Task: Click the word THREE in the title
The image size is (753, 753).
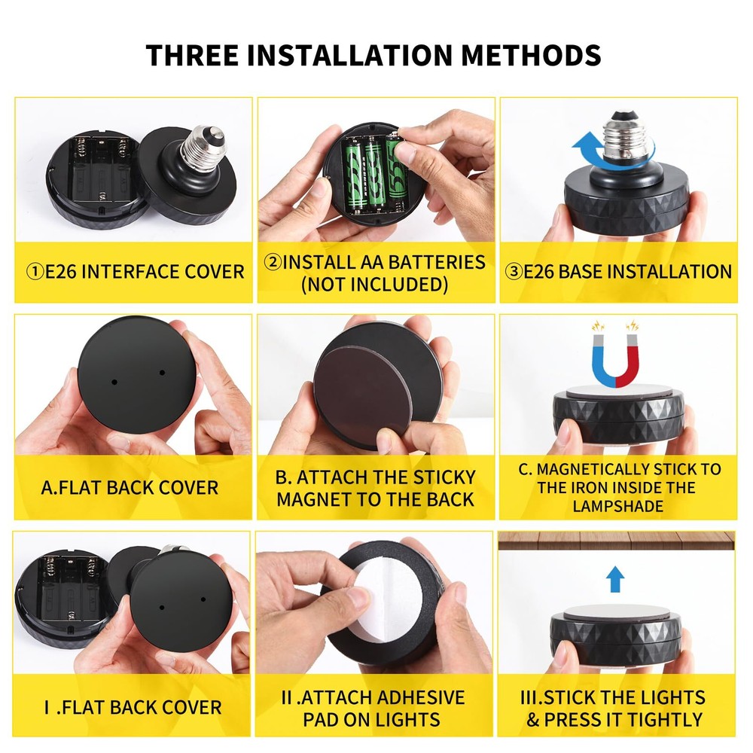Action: pyautogui.click(x=192, y=55)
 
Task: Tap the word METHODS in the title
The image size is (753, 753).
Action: pyautogui.click(x=531, y=55)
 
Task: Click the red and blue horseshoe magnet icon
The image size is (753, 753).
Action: pyautogui.click(x=616, y=355)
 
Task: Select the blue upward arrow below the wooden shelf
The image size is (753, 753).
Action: pyautogui.click(x=615, y=578)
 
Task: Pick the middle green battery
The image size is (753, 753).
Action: pyautogui.click(x=373, y=175)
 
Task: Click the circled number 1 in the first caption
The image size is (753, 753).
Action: pyautogui.click(x=35, y=272)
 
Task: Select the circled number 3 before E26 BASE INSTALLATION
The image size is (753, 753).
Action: pyautogui.click(x=514, y=272)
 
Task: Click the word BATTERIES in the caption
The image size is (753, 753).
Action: pyautogui.click(x=436, y=262)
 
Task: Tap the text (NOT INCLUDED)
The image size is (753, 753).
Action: pyautogui.click(x=374, y=285)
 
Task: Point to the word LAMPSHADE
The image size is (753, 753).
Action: pyautogui.click(x=618, y=506)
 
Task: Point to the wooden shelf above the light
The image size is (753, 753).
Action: pyautogui.click(x=617, y=540)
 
